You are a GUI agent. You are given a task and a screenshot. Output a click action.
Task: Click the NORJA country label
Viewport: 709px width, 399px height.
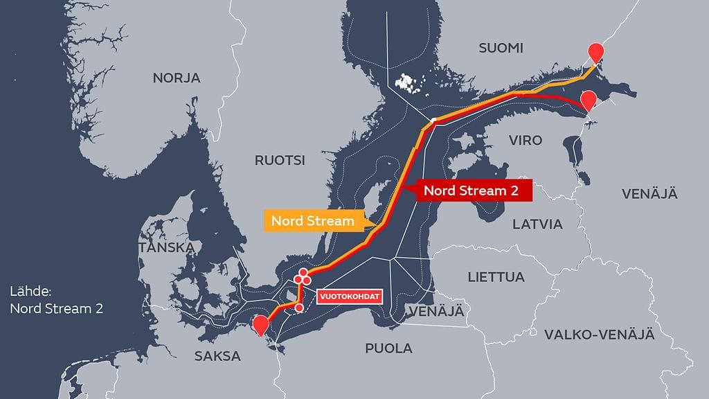click(x=176, y=78)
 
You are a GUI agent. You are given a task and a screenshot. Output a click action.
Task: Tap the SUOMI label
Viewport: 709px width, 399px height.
click(x=501, y=48)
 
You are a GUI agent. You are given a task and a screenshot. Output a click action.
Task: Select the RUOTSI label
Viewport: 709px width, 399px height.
click(x=279, y=161)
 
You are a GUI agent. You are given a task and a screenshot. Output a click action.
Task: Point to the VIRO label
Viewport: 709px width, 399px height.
click(x=526, y=140)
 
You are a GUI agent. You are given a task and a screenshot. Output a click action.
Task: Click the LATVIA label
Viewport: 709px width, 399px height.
click(x=537, y=224)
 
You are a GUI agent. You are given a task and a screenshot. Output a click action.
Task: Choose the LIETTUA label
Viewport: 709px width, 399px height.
click(x=496, y=277)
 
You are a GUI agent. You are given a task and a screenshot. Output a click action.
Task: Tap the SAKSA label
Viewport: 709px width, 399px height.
click(x=217, y=356)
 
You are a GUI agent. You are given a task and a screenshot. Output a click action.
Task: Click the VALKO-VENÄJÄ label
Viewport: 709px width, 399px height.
click(x=599, y=335)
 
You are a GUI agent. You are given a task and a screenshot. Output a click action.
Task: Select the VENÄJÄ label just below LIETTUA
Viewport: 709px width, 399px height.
click(x=436, y=311)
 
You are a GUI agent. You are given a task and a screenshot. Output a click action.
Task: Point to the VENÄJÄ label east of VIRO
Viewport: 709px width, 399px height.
click(x=649, y=193)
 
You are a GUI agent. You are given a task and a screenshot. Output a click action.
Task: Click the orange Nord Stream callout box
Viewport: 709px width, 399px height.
click(x=312, y=222)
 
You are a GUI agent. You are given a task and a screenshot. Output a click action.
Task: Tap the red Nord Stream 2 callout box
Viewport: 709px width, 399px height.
click(x=470, y=190)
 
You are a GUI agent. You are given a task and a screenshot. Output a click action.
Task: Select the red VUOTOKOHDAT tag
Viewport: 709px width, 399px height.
click(x=350, y=296)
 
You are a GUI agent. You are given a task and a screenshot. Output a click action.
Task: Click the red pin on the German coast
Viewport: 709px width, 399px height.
click(x=261, y=324)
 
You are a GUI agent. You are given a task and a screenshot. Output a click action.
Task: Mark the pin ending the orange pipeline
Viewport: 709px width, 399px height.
click(x=595, y=52)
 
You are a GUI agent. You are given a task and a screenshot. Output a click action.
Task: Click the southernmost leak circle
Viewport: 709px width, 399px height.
click(x=299, y=308)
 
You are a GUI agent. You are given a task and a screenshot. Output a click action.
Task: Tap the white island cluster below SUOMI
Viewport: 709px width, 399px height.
click(x=409, y=83)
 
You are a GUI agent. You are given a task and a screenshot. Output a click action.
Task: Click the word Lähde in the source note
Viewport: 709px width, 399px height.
click(x=31, y=292)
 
